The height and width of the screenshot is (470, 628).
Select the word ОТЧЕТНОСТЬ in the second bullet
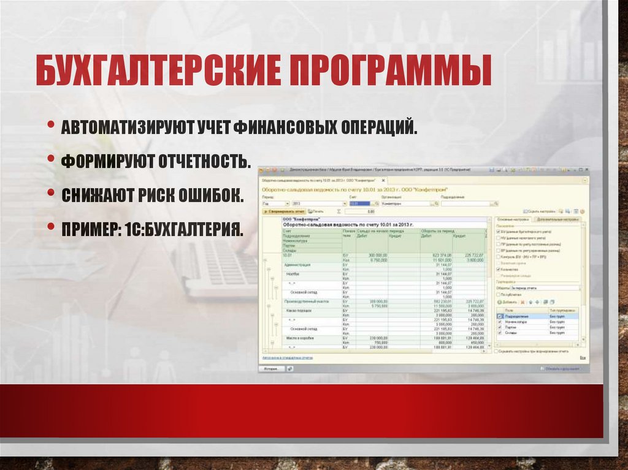[x=205, y=162]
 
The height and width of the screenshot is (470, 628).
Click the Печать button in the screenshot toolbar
[x=317, y=211]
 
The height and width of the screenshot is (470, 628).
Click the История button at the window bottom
[x=272, y=369]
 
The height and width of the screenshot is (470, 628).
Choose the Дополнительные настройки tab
[x=556, y=219]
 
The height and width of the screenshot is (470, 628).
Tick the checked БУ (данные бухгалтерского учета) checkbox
[x=498, y=232]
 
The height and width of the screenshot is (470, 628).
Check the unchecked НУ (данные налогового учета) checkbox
[x=498, y=238]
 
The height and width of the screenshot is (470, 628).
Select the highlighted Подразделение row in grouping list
[x=518, y=316]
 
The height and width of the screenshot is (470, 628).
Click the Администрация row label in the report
[x=298, y=265]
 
